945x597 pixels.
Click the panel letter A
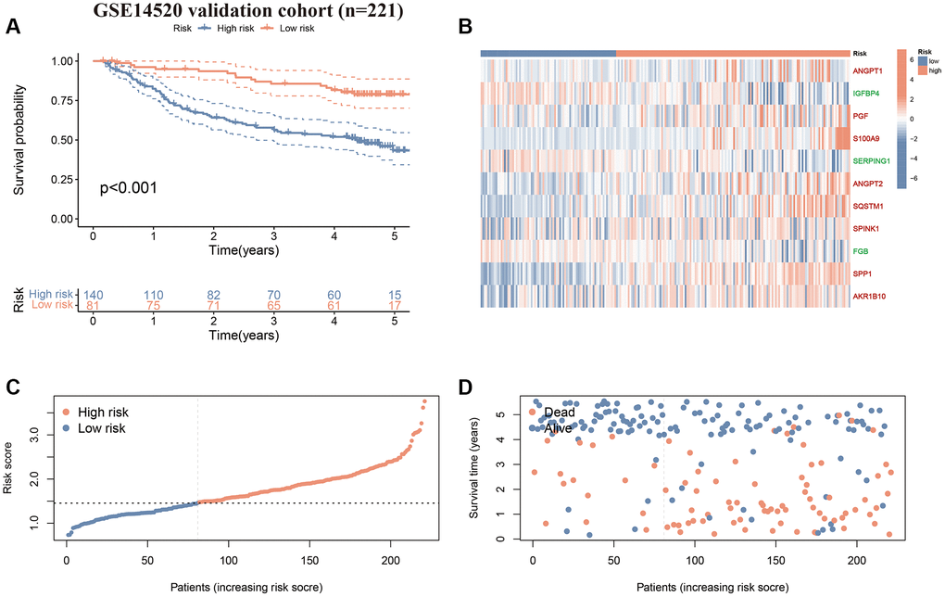(13, 26)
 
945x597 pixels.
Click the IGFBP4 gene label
(871, 94)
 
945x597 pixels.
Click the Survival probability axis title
(19, 139)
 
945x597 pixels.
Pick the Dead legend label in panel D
(560, 412)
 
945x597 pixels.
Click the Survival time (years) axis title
(474, 468)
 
